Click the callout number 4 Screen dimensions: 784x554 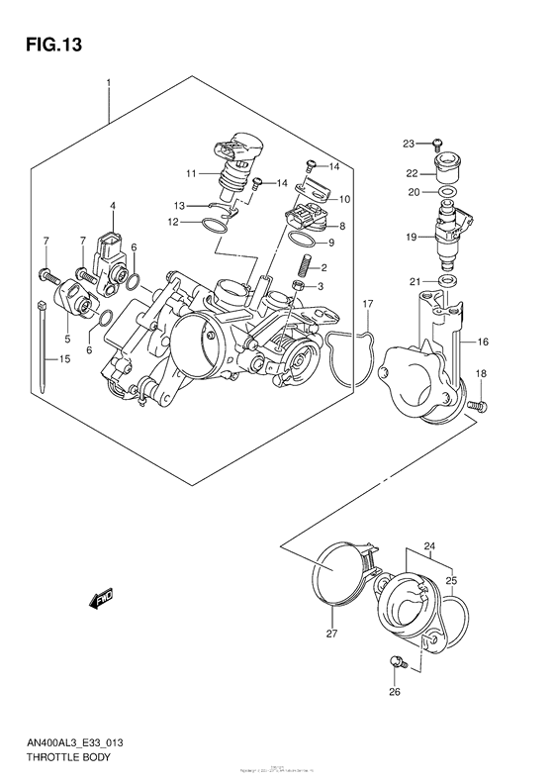[x=113, y=206]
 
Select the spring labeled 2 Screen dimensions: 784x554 [x=306, y=266]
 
